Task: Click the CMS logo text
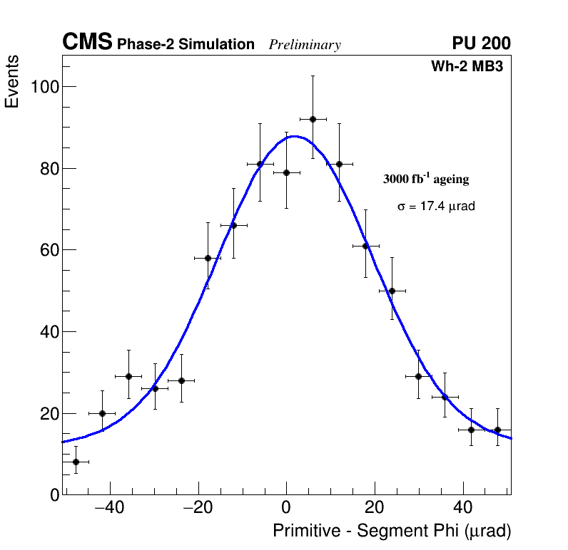[87, 43]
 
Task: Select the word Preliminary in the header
[305, 45]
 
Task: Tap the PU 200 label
[481, 43]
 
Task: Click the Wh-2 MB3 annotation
[467, 67]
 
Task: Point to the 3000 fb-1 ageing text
[426, 179]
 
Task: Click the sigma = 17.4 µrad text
[436, 207]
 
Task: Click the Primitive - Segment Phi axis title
[392, 531]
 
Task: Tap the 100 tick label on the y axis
[44, 87]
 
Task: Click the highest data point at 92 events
[313, 119]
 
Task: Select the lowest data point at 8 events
[76, 462]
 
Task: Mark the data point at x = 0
[286, 172]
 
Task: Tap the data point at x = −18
[208, 258]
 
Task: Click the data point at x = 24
[392, 291]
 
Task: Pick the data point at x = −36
[128, 376]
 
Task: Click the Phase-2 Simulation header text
[186, 45]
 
